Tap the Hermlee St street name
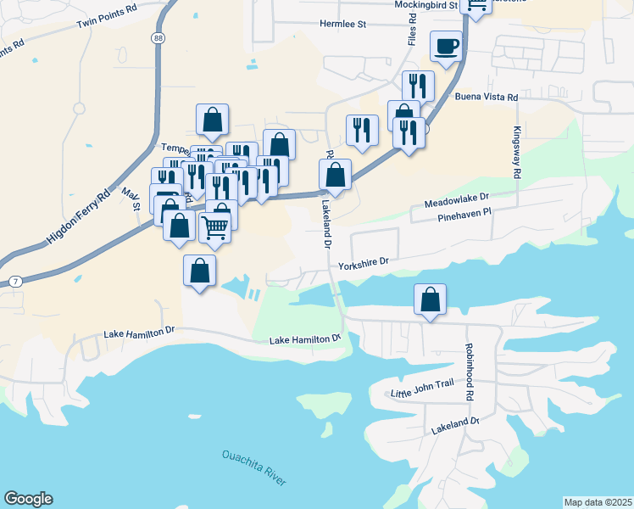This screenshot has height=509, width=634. [x=342, y=25]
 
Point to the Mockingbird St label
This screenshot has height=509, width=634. [x=425, y=5]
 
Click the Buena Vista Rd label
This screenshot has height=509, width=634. [x=487, y=98]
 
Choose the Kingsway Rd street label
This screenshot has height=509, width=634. [x=516, y=153]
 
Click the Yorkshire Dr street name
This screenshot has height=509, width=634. [x=363, y=263]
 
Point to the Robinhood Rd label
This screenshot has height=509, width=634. [x=467, y=372]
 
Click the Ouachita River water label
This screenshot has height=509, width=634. [x=254, y=467]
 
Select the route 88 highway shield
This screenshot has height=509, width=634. [x=158, y=38]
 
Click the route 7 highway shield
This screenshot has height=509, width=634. [x=14, y=280]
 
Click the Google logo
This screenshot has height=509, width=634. [x=28, y=499]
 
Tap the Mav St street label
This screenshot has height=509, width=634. [x=130, y=201]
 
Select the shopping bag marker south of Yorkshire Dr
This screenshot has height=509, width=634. [x=431, y=299]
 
